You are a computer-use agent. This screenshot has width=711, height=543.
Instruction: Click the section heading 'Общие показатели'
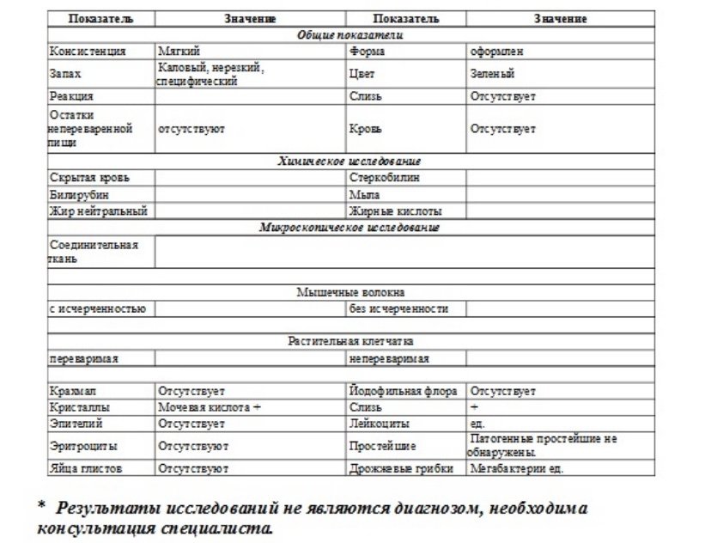pyautogui.click(x=349, y=35)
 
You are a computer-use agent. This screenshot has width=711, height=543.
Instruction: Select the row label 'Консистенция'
pyautogui.click(x=88, y=52)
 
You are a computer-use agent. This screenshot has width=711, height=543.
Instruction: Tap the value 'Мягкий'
pyautogui.click(x=179, y=52)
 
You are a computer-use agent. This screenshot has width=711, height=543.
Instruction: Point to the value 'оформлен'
pyautogui.click(x=496, y=52)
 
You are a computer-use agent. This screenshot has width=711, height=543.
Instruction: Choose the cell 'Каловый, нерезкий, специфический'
pyautogui.click(x=211, y=74)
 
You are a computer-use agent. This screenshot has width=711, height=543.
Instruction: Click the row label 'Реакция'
pyautogui.click(x=72, y=96)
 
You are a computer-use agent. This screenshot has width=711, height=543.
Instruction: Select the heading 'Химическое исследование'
pyautogui.click(x=349, y=161)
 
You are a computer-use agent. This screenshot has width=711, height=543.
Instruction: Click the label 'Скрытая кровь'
pyautogui.click(x=90, y=178)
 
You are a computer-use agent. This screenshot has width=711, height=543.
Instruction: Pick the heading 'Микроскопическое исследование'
pyautogui.click(x=349, y=228)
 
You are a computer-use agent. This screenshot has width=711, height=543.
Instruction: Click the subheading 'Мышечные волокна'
pyautogui.click(x=349, y=292)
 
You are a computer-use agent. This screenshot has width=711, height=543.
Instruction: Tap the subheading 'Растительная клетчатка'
pyautogui.click(x=349, y=341)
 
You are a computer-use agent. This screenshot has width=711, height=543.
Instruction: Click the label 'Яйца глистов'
pyautogui.click(x=86, y=469)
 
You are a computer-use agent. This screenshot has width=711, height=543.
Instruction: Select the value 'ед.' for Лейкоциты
pyautogui.click(x=477, y=424)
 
